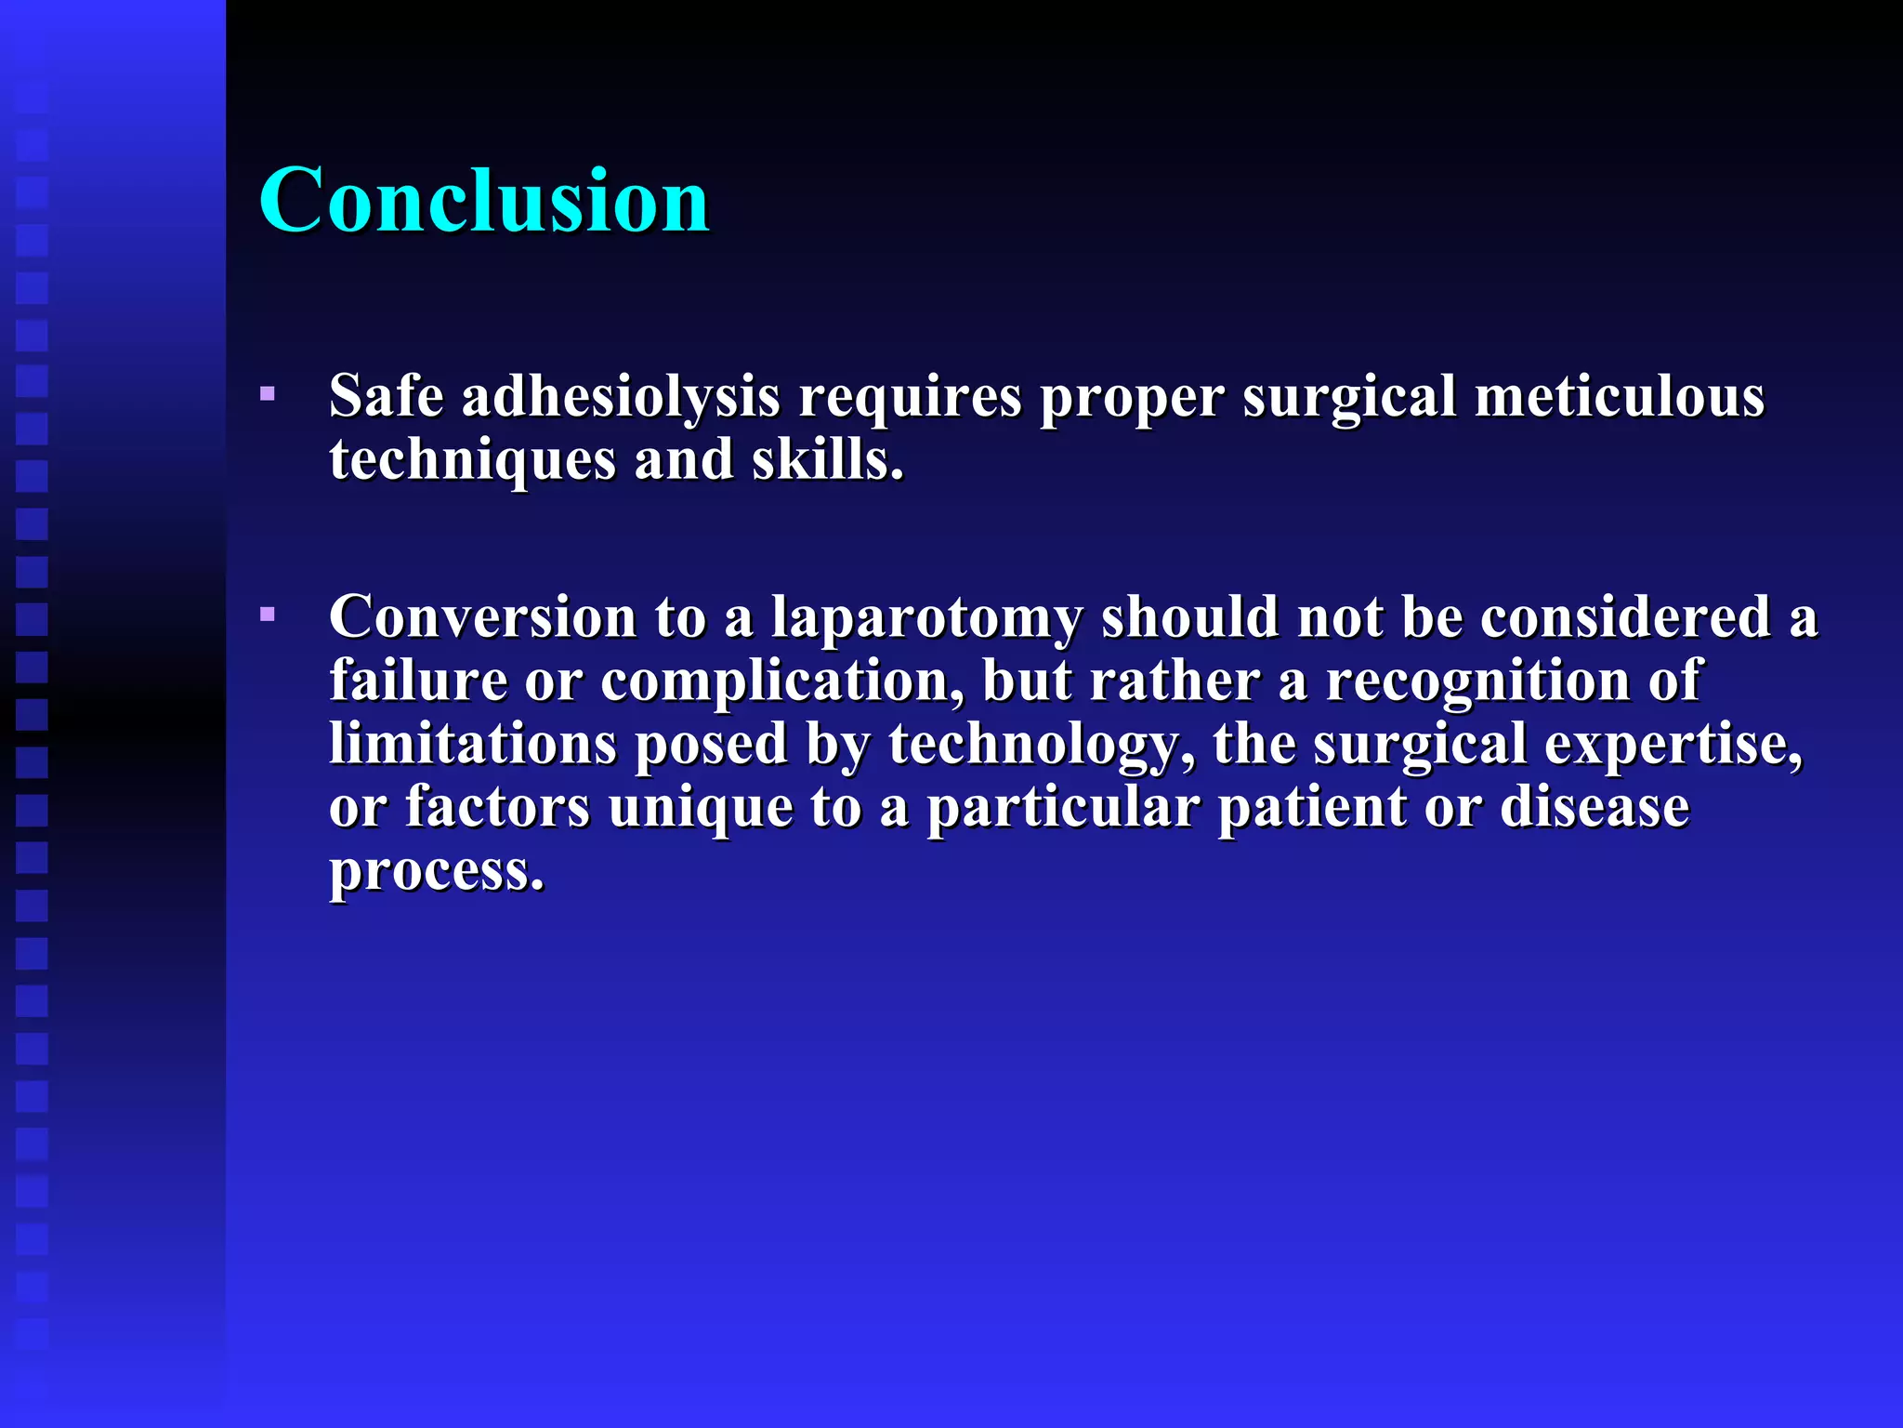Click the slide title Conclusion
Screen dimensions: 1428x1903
click(484, 200)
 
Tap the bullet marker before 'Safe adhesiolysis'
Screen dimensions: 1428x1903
click(268, 394)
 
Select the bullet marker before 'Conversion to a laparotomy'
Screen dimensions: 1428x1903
click(268, 615)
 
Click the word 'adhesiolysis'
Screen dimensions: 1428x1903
click(621, 397)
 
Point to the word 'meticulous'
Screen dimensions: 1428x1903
click(1619, 397)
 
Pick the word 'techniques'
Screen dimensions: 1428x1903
click(472, 461)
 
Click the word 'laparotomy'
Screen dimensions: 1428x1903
click(926, 619)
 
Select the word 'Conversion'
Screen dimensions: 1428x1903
click(482, 617)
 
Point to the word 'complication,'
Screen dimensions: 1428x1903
click(782, 682)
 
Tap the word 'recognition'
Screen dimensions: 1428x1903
click(1477, 681)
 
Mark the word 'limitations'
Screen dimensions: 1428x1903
click(473, 744)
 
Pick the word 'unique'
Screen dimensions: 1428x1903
click(701, 808)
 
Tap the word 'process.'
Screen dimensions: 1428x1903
click(437, 872)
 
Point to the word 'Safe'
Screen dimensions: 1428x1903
click(387, 397)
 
